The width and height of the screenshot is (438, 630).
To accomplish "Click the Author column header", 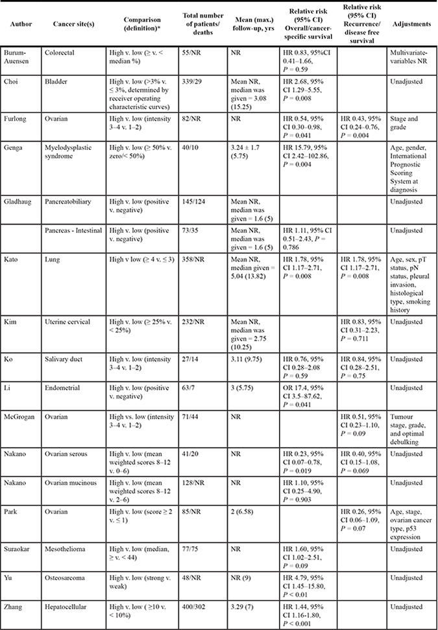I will (19, 24).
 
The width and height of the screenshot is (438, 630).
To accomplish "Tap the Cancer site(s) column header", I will (71, 24).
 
